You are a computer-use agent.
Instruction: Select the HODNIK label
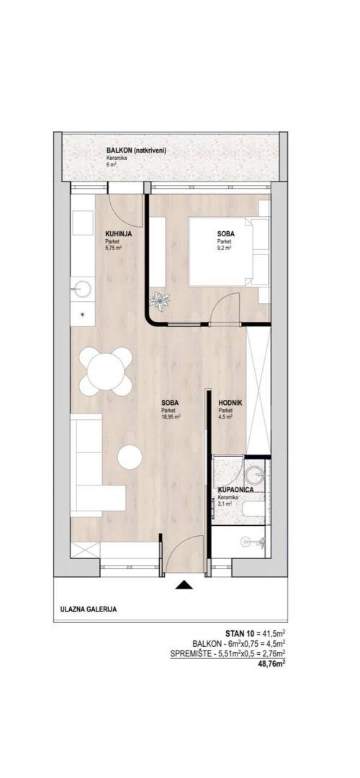(x=228, y=403)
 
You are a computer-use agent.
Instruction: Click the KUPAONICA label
(x=236, y=490)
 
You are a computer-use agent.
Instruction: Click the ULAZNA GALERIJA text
(x=89, y=610)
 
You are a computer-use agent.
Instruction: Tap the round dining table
(x=106, y=371)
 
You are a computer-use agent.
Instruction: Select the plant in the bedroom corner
(x=161, y=300)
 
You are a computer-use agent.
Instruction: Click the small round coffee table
(x=130, y=456)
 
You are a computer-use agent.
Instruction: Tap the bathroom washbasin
(x=256, y=475)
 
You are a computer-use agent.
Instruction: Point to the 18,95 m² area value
(x=170, y=417)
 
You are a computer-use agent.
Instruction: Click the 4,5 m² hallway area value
(x=225, y=417)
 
